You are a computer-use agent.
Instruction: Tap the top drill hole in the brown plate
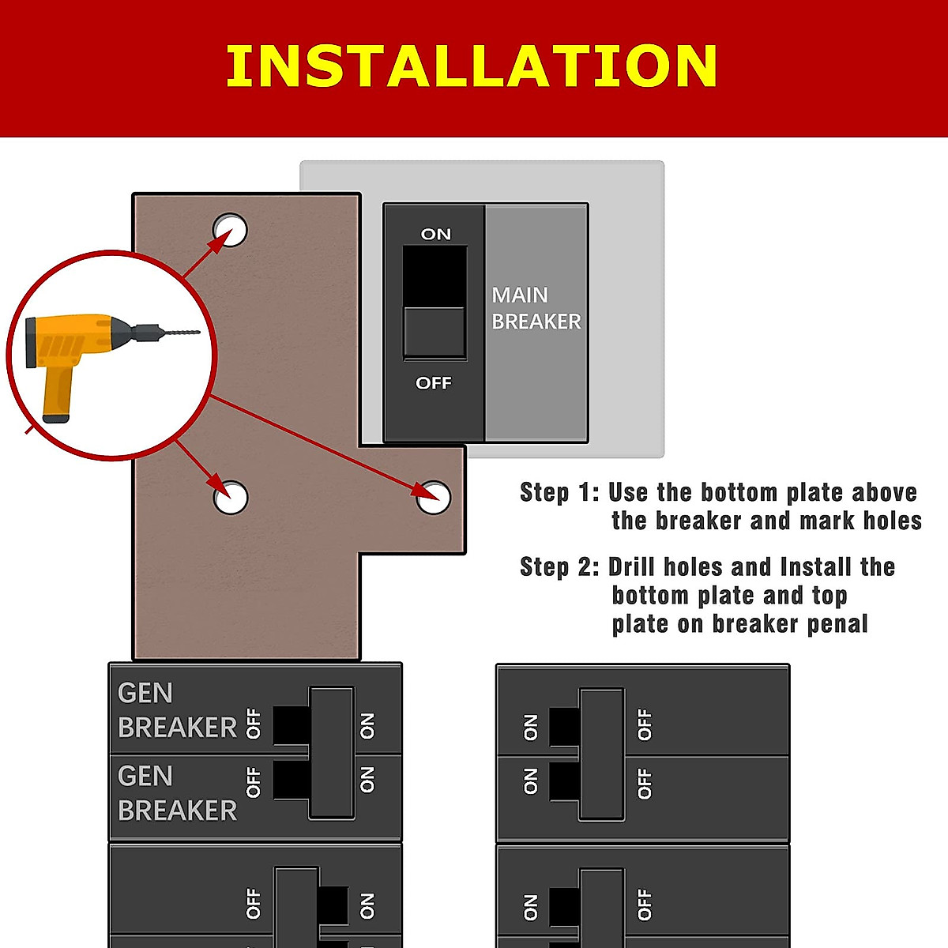[x=230, y=230]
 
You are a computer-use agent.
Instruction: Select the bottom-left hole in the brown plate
[x=231, y=497]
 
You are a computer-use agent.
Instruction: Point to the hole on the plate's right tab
[x=434, y=497]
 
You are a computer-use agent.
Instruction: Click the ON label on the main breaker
[x=435, y=234]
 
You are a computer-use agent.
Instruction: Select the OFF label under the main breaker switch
[x=434, y=383]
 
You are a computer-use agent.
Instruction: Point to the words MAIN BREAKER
[x=536, y=308]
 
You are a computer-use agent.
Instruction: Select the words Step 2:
[x=559, y=566]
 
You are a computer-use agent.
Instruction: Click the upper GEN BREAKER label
[x=176, y=710]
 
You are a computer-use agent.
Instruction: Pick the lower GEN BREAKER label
[x=176, y=793]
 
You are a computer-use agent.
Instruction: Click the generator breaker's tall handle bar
[x=331, y=752]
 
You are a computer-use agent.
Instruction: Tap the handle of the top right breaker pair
[x=601, y=754]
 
